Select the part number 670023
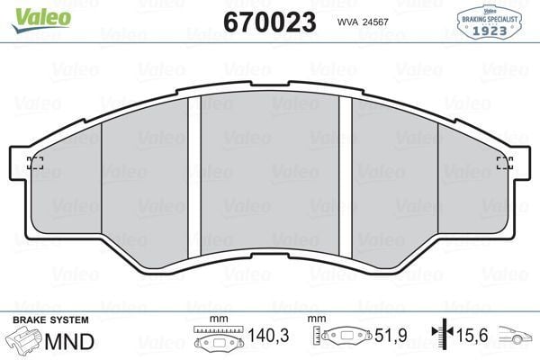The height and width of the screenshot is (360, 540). pyautogui.click(x=268, y=22)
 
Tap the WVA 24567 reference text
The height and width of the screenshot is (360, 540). pyautogui.click(x=364, y=22)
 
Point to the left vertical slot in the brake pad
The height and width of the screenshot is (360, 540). pyautogui.click(x=193, y=175)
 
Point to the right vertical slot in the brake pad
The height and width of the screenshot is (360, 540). pyautogui.click(x=345, y=175)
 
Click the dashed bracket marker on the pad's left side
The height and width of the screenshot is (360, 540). pyautogui.click(x=36, y=163)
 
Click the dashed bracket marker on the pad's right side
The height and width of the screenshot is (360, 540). pyautogui.click(x=505, y=163)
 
